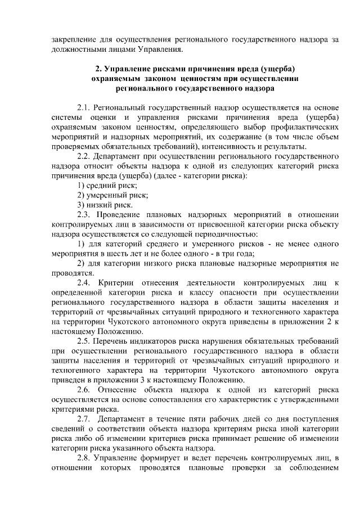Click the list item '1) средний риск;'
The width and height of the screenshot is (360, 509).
pos(107,185)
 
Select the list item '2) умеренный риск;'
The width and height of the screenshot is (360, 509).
pos(112,195)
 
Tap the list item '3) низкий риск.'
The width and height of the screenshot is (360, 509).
pos(105,205)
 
